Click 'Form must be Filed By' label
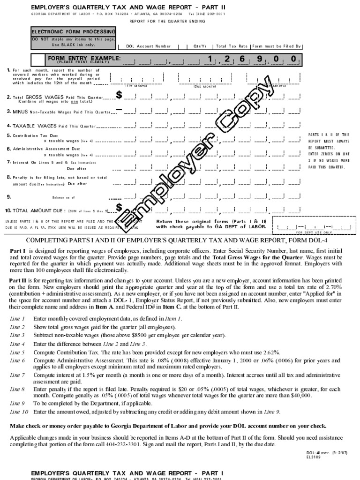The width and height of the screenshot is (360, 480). [x=277, y=46]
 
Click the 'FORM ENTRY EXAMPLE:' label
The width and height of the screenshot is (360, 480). [x=84, y=58]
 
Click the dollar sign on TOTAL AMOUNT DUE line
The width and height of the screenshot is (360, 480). [x=119, y=207]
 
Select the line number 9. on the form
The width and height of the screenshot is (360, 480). [x=9, y=197]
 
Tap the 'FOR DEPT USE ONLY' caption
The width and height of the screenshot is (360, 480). [x=314, y=232]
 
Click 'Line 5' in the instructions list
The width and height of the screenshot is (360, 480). [x=17, y=352]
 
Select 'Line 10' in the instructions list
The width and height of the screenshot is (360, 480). [x=19, y=412]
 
